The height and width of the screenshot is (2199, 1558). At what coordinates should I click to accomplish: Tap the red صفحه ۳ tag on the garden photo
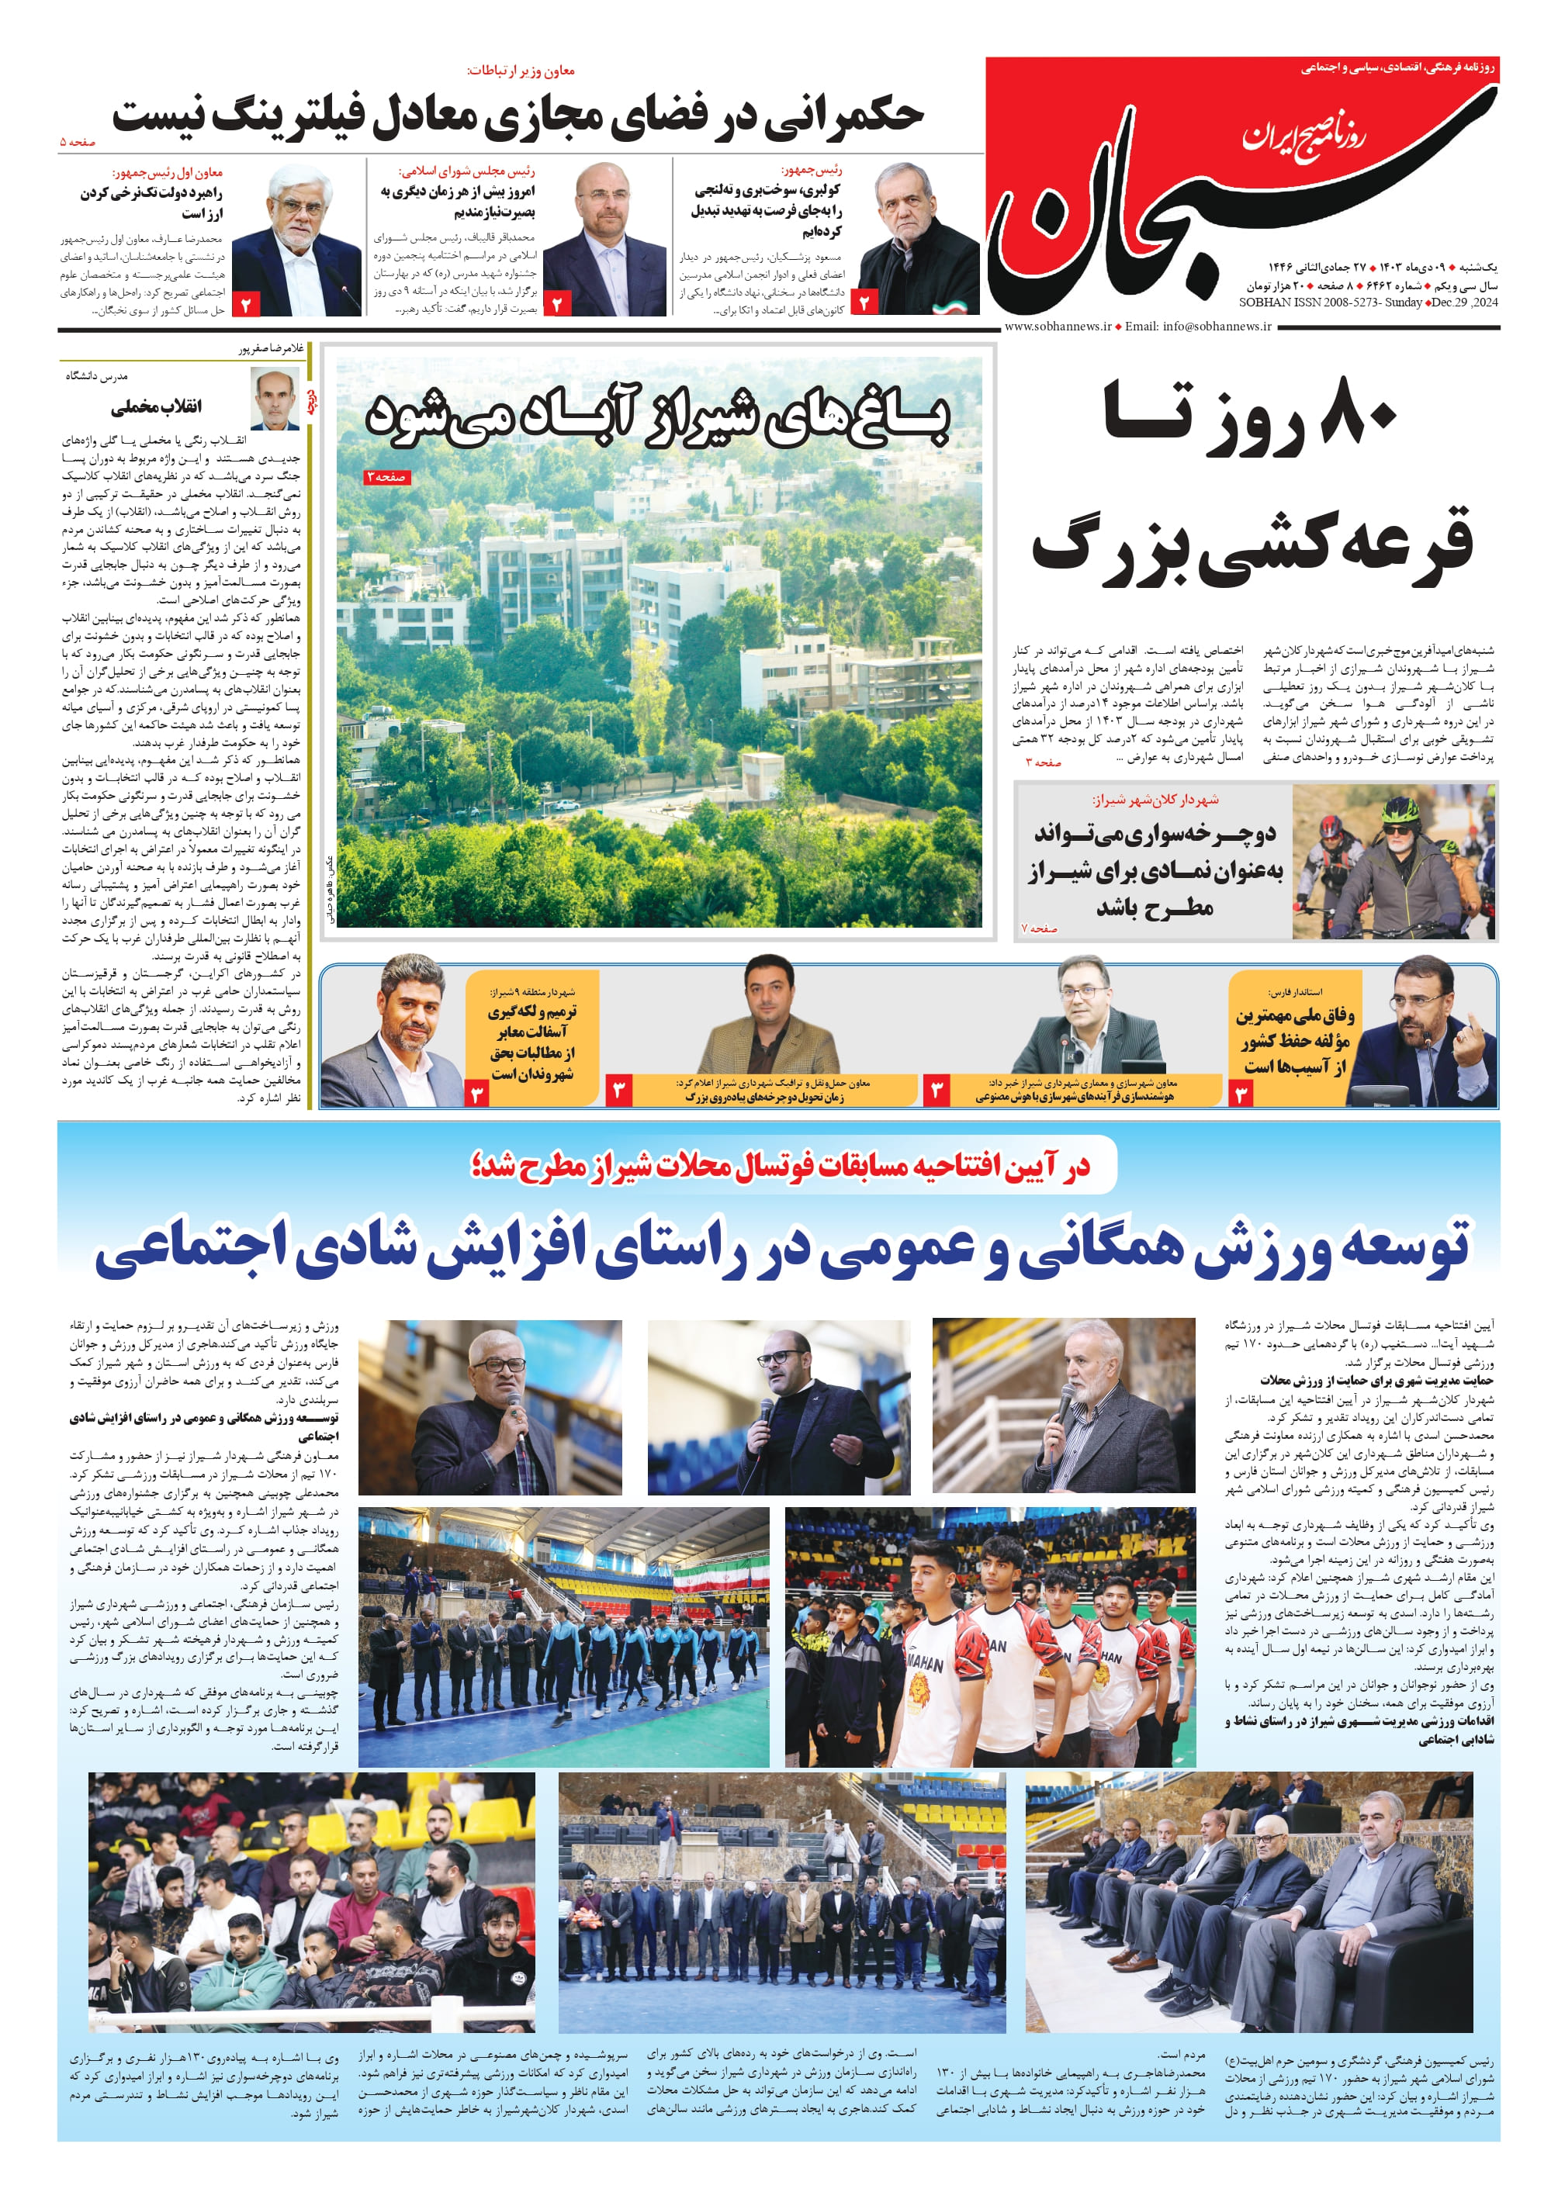point(386,476)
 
